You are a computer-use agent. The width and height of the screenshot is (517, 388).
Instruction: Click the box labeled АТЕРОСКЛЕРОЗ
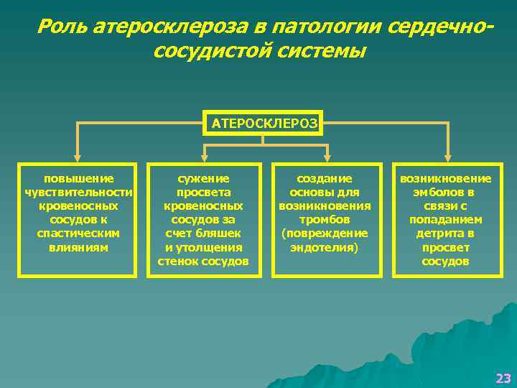tap(264, 123)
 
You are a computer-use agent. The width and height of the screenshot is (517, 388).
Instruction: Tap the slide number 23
tap(503, 378)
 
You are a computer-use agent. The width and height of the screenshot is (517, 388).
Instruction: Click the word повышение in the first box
tap(78, 178)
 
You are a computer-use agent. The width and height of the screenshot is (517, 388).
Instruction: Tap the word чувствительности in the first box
tap(78, 192)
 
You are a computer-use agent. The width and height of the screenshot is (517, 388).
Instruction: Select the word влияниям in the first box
tap(78, 247)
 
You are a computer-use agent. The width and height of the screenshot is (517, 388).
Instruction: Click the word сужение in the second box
tap(203, 178)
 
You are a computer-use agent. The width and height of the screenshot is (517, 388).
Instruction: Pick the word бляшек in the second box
tap(220, 234)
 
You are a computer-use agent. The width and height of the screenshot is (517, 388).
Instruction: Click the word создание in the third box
tap(325, 178)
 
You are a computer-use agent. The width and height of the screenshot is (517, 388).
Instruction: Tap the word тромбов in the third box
tap(325, 220)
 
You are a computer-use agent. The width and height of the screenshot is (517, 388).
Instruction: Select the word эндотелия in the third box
tap(326, 247)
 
